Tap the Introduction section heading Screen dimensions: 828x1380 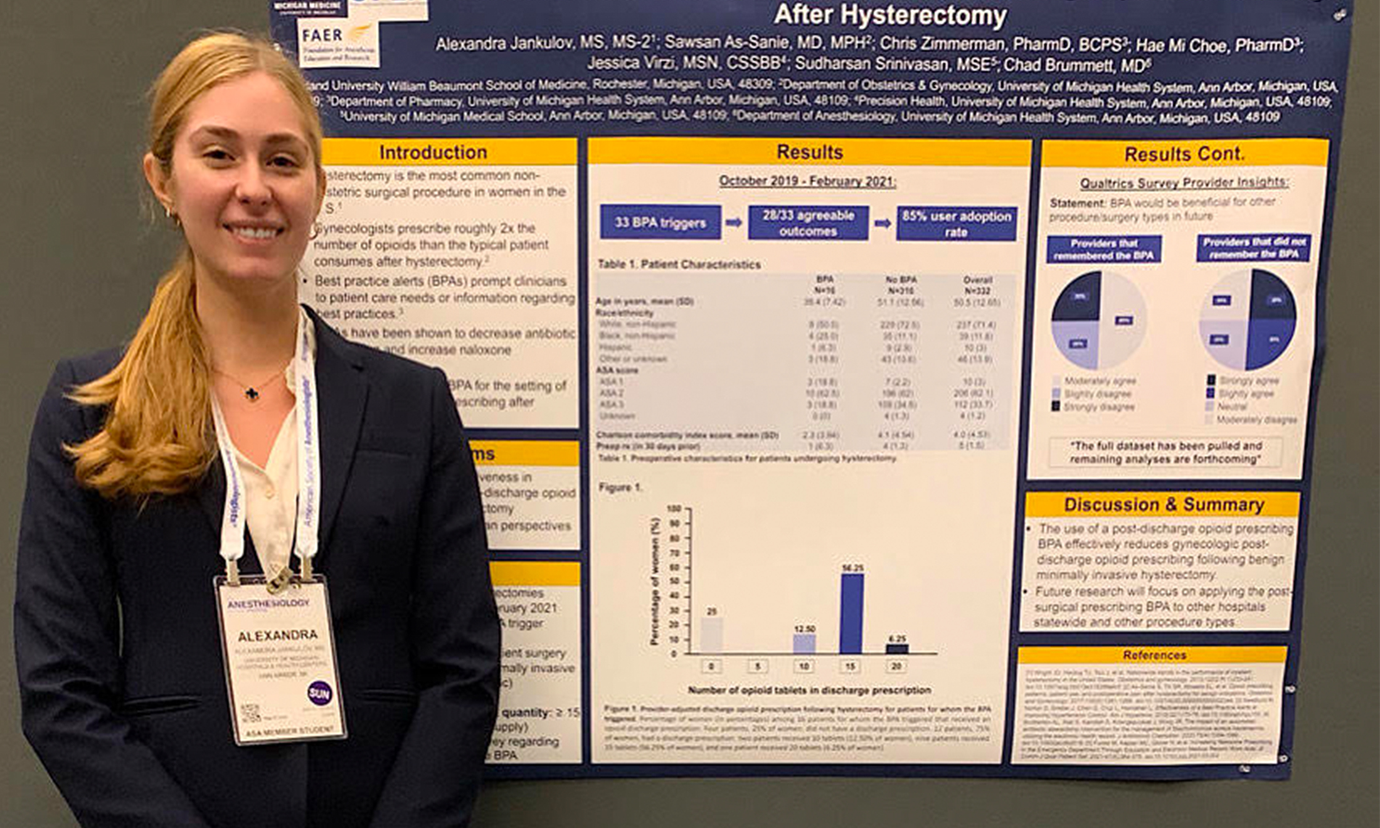pos(433,152)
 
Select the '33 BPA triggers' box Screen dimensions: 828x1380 pos(660,223)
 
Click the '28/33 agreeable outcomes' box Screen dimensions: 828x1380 pos(808,223)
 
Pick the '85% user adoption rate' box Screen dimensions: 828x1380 pos(956,224)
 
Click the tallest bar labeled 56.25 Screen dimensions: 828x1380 pos(851,613)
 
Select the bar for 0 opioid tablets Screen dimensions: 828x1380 pos(711,635)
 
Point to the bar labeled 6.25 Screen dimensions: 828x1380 pos(897,649)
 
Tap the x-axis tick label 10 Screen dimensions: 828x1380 pos(804,666)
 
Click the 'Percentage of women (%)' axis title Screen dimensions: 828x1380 pos(655,581)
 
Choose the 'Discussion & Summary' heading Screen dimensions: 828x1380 pos(1163,505)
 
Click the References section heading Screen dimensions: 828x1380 pos(1154,655)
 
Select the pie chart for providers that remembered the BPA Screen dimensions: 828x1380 pos(1099,320)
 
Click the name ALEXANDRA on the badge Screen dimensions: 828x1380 pos(277,635)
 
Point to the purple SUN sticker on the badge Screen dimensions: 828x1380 pos(319,693)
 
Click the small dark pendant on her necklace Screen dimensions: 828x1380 pos(252,393)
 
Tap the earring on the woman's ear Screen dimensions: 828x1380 pos(169,213)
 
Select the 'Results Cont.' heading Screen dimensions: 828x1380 pos(1184,154)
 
